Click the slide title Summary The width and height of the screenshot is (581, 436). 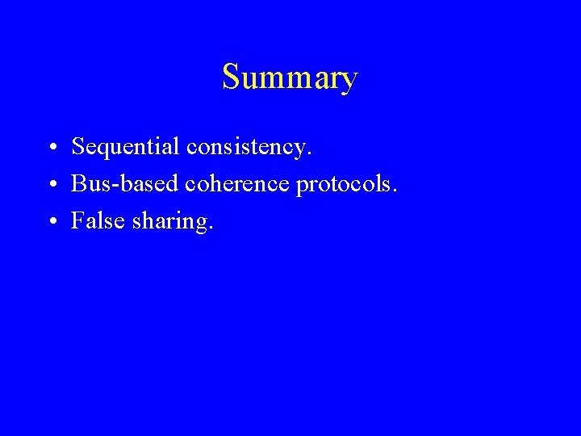point(290,78)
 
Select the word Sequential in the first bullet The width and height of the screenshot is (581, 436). point(125,147)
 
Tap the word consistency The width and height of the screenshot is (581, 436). point(246,147)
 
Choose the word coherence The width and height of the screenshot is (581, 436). point(239,184)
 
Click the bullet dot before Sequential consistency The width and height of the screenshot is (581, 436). point(51,149)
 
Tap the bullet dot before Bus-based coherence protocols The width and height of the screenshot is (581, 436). point(51,186)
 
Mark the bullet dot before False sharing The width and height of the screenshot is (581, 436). point(51,222)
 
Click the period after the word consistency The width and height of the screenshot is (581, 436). point(309,153)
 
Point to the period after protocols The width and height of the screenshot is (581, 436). point(395,191)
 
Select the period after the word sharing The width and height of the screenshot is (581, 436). point(211,227)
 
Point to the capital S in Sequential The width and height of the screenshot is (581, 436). point(78,147)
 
